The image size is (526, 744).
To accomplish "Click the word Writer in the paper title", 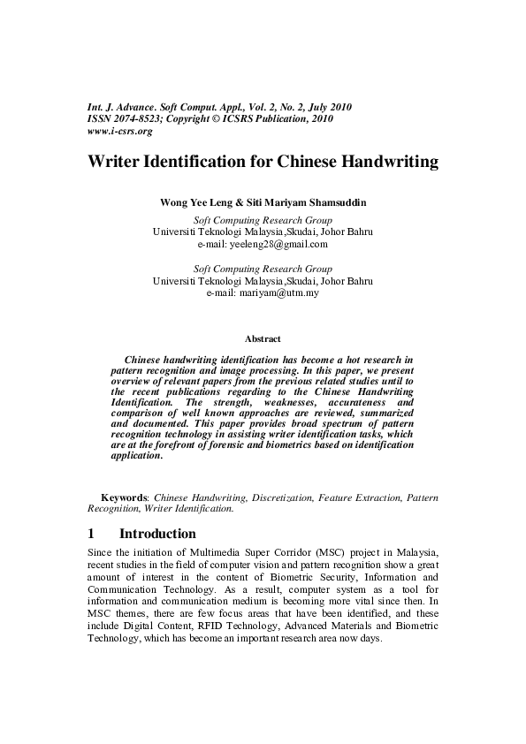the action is (118, 163).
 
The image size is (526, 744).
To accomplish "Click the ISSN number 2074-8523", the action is (139, 119).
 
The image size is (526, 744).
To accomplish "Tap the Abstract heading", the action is (263, 338).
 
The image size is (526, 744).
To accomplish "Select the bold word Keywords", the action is (124, 498).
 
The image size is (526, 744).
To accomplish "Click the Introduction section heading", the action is (157, 534).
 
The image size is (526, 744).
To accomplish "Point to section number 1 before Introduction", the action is (91, 534).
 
